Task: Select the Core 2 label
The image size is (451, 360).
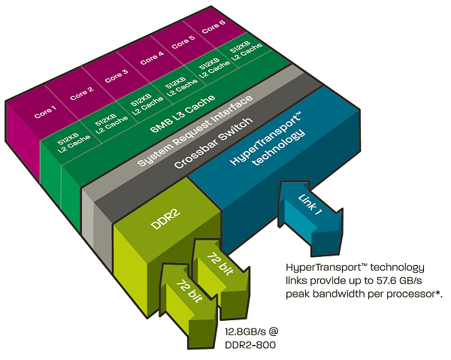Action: pos(81,94)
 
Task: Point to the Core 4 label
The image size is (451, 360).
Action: pos(151,58)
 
